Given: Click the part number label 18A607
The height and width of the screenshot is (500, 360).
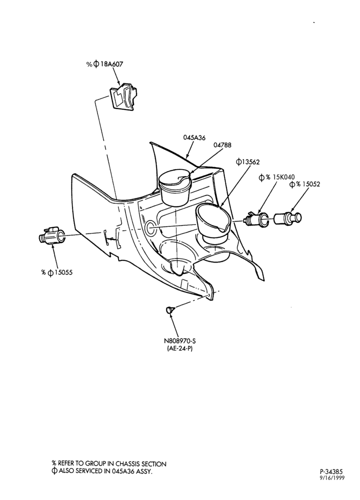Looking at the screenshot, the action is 111,64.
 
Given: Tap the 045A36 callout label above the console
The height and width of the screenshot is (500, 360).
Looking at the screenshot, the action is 194,138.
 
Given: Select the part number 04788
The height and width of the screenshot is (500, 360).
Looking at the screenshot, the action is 223,145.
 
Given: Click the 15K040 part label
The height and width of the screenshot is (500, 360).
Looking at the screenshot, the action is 283,177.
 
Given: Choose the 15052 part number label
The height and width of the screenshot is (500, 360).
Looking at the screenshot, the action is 311,184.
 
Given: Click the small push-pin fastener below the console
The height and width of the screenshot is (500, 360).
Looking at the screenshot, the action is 170,309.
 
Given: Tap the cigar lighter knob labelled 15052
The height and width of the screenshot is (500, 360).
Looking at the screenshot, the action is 288,218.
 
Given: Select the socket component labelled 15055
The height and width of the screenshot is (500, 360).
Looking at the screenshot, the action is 51,236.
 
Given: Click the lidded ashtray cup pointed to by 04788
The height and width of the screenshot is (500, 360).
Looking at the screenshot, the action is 174,187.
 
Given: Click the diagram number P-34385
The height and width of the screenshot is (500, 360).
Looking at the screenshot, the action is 331,471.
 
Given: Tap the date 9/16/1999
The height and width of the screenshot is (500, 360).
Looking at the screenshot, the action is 332,477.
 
